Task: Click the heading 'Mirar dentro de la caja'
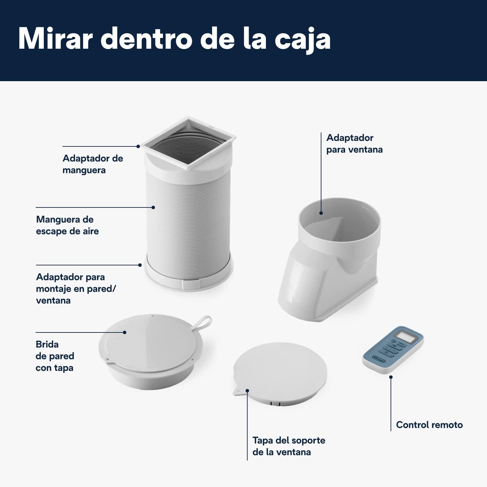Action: [x=174, y=39]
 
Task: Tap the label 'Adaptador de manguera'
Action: [x=93, y=164]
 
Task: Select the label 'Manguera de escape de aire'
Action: [x=67, y=225]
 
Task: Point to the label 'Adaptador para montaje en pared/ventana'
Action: [x=76, y=289]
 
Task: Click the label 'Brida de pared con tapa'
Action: [x=55, y=356]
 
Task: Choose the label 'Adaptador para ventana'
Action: [x=354, y=144]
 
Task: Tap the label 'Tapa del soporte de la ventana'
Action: [x=289, y=446]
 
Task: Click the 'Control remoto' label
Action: [x=429, y=425]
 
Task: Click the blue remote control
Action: [x=393, y=350]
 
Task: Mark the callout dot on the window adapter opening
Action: [x=321, y=213]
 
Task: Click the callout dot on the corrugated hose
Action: [x=153, y=207]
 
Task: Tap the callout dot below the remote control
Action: [x=391, y=377]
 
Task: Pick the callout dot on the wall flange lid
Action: [x=125, y=332]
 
